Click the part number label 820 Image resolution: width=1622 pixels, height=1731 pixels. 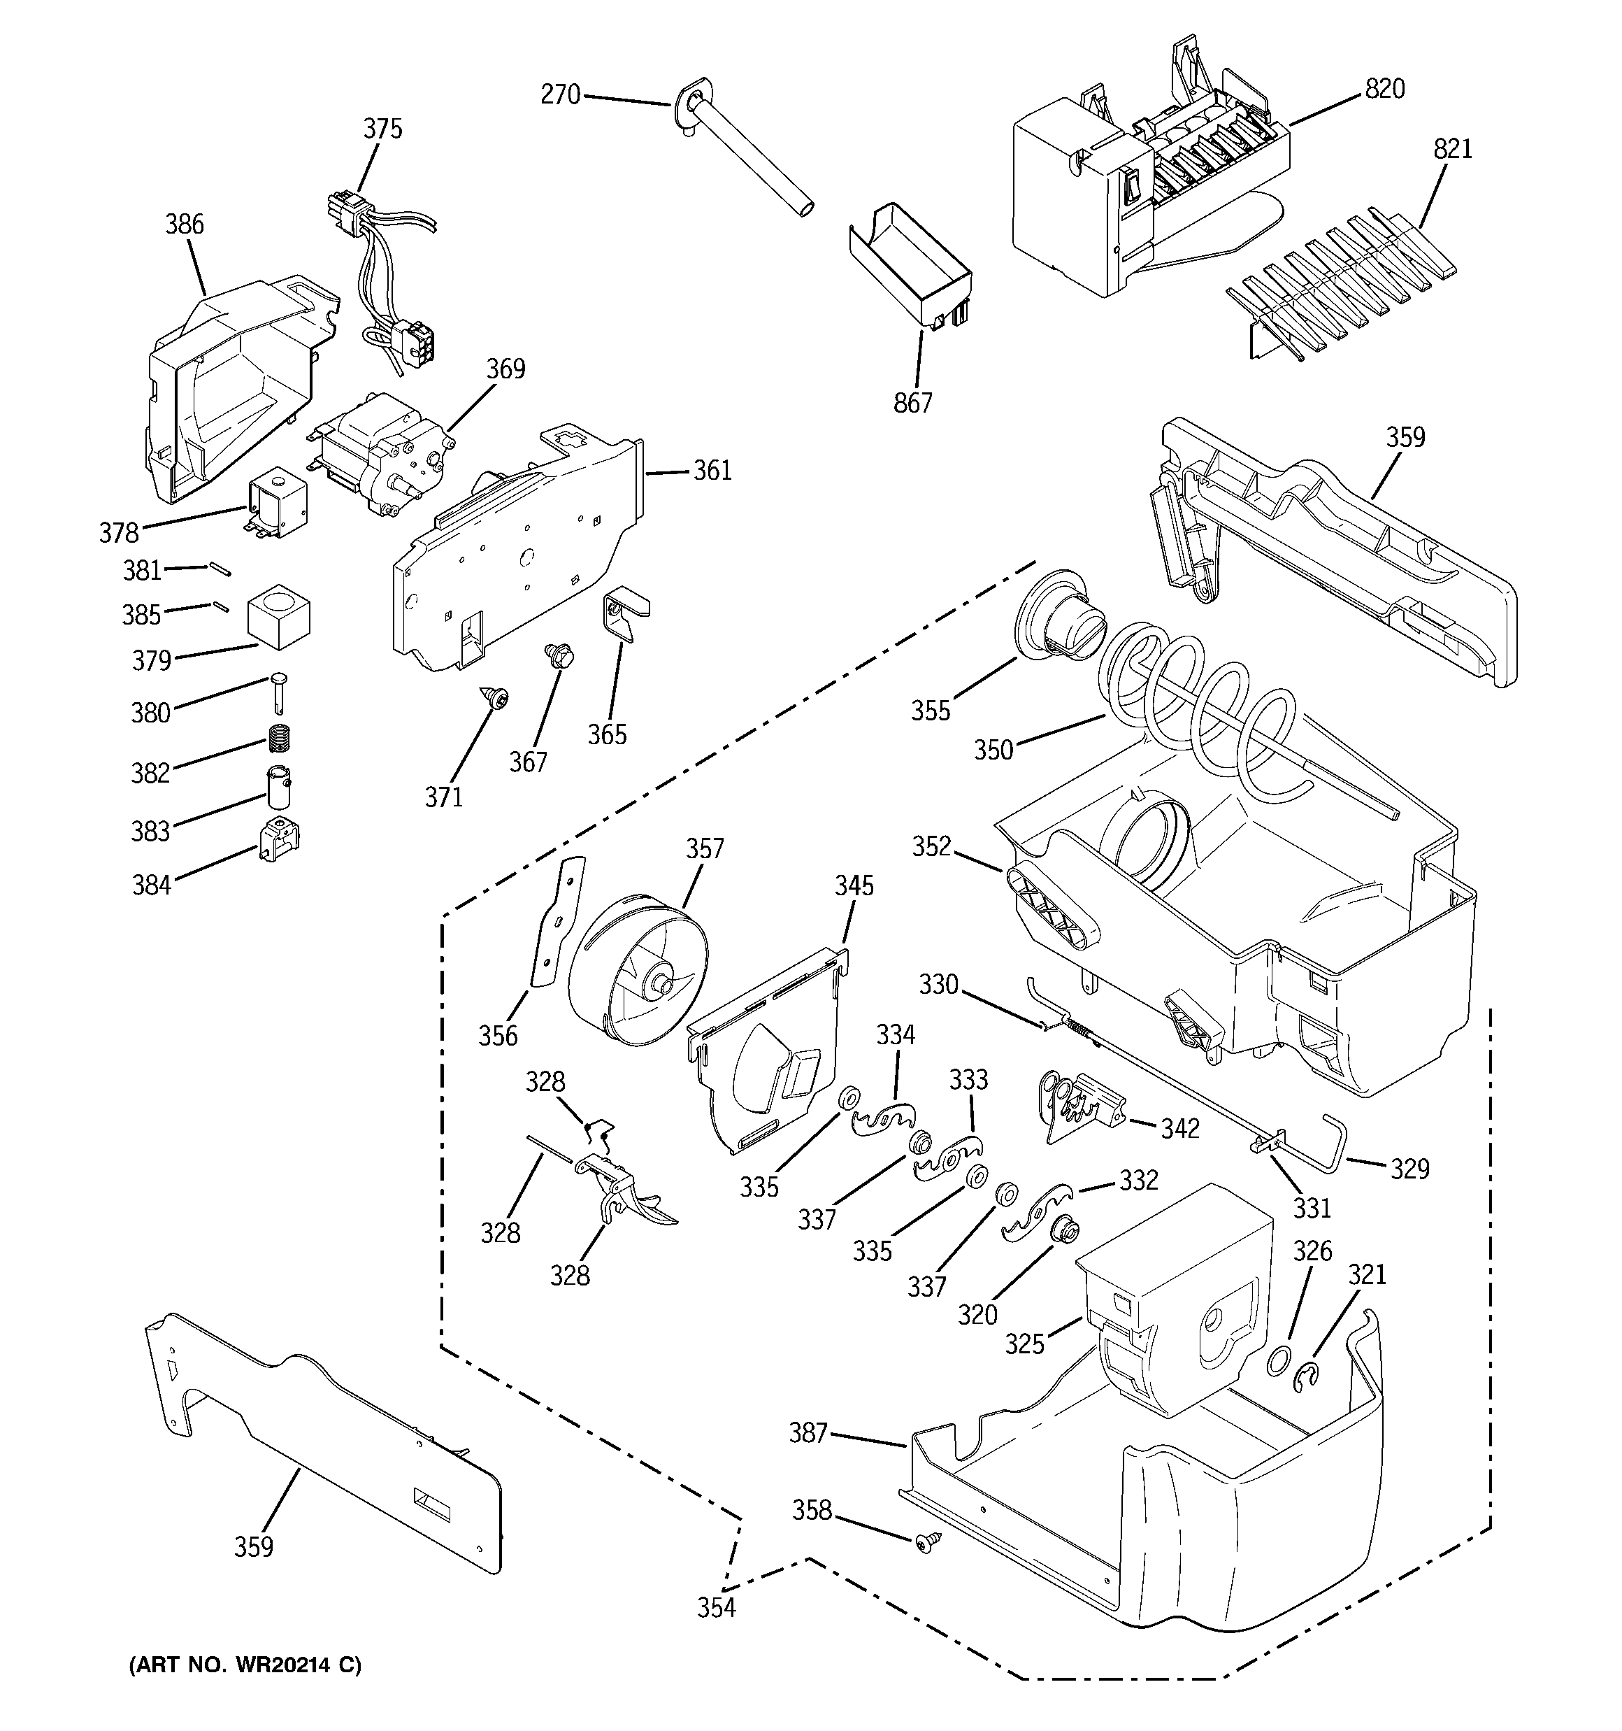[x=1384, y=90]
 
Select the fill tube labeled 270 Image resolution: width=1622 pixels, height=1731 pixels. [x=749, y=161]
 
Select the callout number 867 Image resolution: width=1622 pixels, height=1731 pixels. [x=912, y=403]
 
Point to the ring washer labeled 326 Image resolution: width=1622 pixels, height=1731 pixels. [x=1278, y=1360]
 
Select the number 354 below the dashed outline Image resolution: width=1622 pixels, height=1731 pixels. [x=717, y=1608]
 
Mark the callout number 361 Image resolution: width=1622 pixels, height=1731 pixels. [x=712, y=471]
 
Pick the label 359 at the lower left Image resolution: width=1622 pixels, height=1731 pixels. [x=253, y=1547]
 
